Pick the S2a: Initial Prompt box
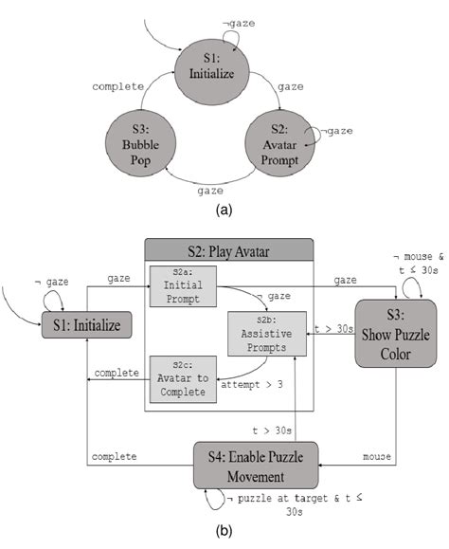pos(184,287)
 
